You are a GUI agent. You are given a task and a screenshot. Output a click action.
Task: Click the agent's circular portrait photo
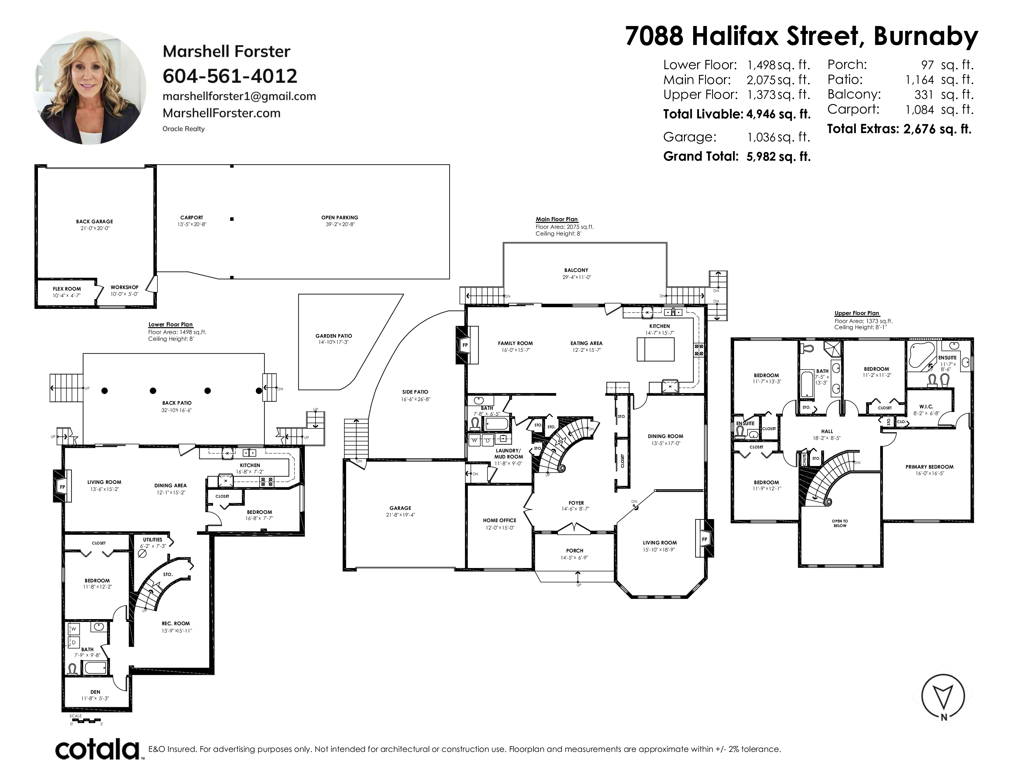point(90,88)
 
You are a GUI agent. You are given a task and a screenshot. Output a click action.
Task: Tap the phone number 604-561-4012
point(230,76)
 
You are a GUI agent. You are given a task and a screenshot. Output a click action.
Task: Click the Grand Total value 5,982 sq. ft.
point(778,157)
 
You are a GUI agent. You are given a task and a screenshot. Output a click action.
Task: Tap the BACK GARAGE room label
point(95,222)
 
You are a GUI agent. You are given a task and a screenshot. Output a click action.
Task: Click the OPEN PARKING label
point(340,218)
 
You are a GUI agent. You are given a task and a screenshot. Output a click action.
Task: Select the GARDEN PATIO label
point(334,336)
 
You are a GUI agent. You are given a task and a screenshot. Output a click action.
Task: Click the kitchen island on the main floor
point(656,349)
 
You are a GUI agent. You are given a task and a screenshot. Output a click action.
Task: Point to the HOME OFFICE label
point(499,520)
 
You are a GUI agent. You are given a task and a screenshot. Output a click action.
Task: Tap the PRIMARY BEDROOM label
point(929,467)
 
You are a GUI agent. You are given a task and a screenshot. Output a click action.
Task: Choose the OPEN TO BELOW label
point(840,523)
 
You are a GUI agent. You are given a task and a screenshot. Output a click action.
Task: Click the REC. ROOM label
point(176,623)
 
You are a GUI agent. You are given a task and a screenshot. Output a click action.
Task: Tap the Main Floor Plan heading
point(557,220)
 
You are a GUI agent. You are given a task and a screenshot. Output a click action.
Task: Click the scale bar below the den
point(86,720)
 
